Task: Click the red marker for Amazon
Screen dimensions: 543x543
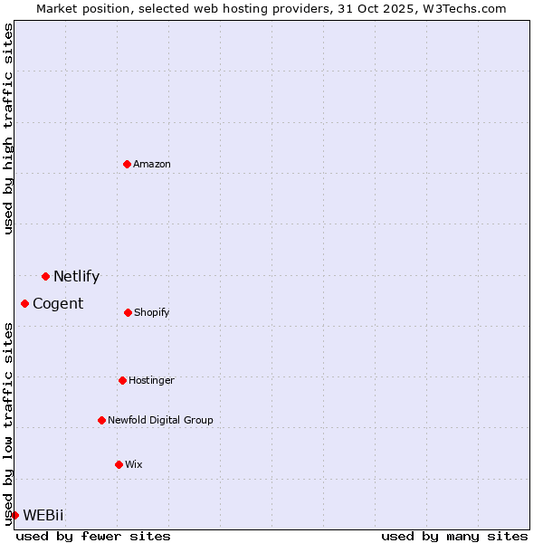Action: [x=128, y=164]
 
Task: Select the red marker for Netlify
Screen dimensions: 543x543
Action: [x=45, y=276]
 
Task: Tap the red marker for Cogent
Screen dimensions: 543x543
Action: [x=24, y=303]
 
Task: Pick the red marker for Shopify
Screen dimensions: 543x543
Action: [x=128, y=312]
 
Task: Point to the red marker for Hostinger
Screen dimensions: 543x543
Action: [x=122, y=380]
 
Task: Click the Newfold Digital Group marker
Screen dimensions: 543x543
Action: [x=101, y=420]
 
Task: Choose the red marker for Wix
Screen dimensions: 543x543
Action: [x=119, y=464]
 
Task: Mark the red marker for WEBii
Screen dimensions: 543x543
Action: [x=14, y=515]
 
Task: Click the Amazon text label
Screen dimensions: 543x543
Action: [x=152, y=164]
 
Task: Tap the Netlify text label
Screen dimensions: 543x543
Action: [x=76, y=277]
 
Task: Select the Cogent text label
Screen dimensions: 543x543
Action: [x=58, y=304]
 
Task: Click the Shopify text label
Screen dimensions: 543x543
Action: [x=152, y=312]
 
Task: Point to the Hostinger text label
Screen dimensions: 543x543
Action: [x=151, y=380]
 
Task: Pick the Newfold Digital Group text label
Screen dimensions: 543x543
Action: [x=160, y=420]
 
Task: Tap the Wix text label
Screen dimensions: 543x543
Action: [x=134, y=464]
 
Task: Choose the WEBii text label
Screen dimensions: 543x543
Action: [x=43, y=516]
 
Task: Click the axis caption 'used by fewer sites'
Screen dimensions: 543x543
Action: [x=93, y=536]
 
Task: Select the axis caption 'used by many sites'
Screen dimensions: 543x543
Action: [x=454, y=536]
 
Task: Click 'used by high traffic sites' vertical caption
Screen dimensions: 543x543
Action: [x=8, y=129]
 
